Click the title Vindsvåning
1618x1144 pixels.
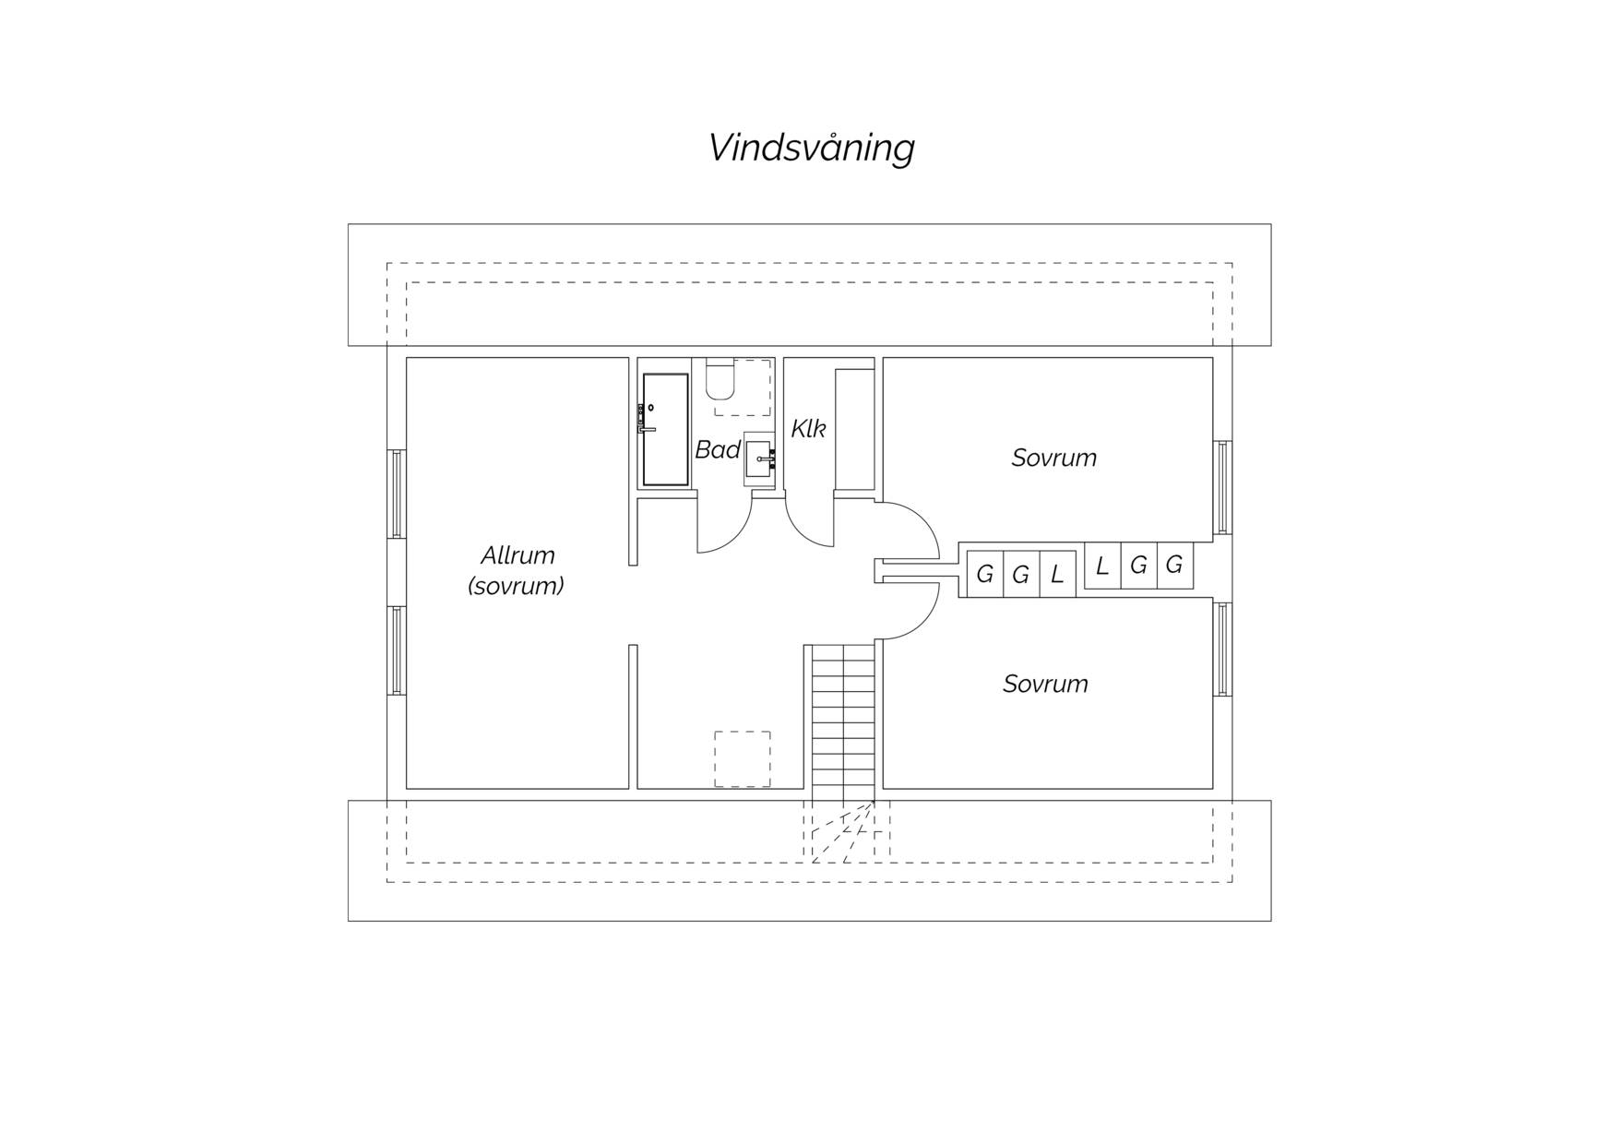point(811,148)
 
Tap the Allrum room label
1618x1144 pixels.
point(518,555)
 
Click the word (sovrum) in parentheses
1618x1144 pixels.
point(516,586)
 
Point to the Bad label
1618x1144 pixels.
point(718,449)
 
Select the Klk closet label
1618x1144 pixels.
point(808,428)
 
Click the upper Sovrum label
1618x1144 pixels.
point(1054,458)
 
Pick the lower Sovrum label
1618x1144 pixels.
point(1045,684)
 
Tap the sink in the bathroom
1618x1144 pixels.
point(759,459)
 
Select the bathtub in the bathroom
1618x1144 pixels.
point(665,429)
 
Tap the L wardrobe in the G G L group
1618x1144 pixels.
point(1057,574)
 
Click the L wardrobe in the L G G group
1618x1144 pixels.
point(1102,566)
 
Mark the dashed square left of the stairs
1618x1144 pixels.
point(743,759)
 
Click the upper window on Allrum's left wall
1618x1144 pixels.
point(397,494)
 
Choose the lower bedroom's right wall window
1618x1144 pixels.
point(1222,649)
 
